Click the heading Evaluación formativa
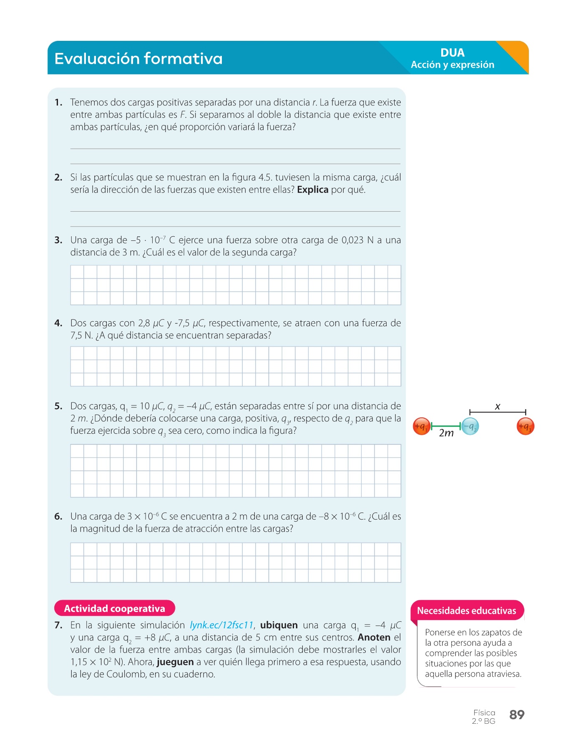point(138,58)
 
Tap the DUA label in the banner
point(452,52)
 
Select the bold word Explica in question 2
point(312,190)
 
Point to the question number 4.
point(58,323)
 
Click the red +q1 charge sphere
point(421,426)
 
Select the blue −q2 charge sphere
point(470,426)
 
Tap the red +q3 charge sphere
point(525,426)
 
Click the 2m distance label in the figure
point(446,433)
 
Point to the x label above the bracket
point(498,406)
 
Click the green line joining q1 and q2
point(446,426)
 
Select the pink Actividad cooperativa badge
point(114,608)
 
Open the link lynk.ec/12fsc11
point(221,625)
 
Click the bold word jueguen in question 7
point(175,662)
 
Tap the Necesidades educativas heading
point(466,611)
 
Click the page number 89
point(517,715)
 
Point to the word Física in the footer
point(484,712)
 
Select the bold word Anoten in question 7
point(374,637)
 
